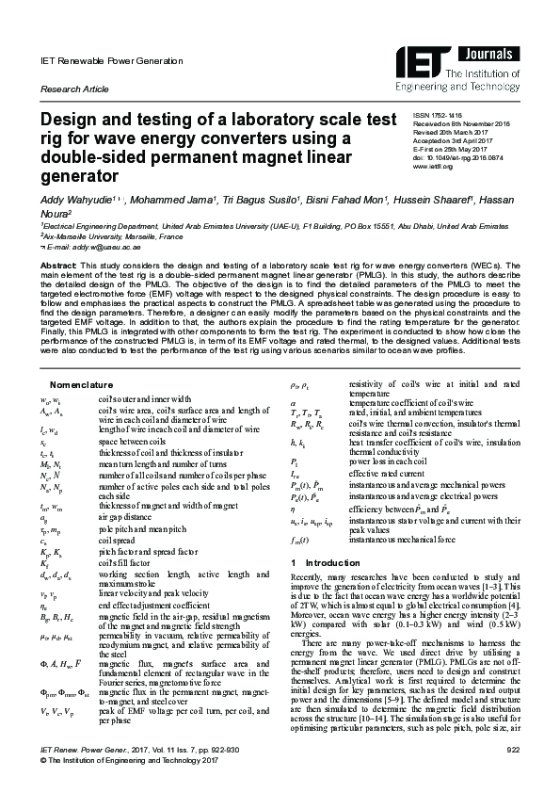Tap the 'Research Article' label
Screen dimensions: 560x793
[x=72, y=88]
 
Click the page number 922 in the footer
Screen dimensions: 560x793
[x=514, y=748]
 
